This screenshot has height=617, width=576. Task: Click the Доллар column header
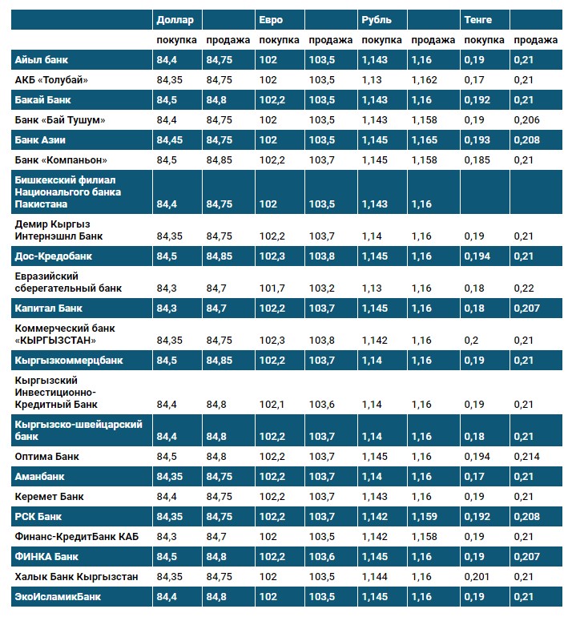(x=174, y=19)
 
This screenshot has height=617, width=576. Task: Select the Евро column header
(x=271, y=19)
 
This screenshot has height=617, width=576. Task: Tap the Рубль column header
(x=376, y=19)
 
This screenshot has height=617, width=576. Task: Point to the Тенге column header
(x=478, y=19)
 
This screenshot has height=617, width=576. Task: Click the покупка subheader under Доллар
(x=176, y=40)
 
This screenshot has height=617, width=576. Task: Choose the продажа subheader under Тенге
(x=536, y=40)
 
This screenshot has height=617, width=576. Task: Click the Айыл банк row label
(x=42, y=60)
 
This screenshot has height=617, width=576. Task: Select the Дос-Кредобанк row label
(x=54, y=256)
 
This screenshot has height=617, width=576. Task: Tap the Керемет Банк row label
(x=50, y=497)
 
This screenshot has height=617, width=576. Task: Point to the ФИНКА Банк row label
(x=46, y=557)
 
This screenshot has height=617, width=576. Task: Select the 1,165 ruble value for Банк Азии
(x=425, y=140)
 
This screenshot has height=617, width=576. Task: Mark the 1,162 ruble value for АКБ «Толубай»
(x=425, y=80)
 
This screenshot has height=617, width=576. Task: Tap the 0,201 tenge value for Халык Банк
(x=478, y=577)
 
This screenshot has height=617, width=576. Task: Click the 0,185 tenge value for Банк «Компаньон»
(x=478, y=160)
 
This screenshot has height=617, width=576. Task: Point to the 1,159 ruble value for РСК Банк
(x=425, y=517)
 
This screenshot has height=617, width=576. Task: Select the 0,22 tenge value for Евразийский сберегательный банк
(x=524, y=288)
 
